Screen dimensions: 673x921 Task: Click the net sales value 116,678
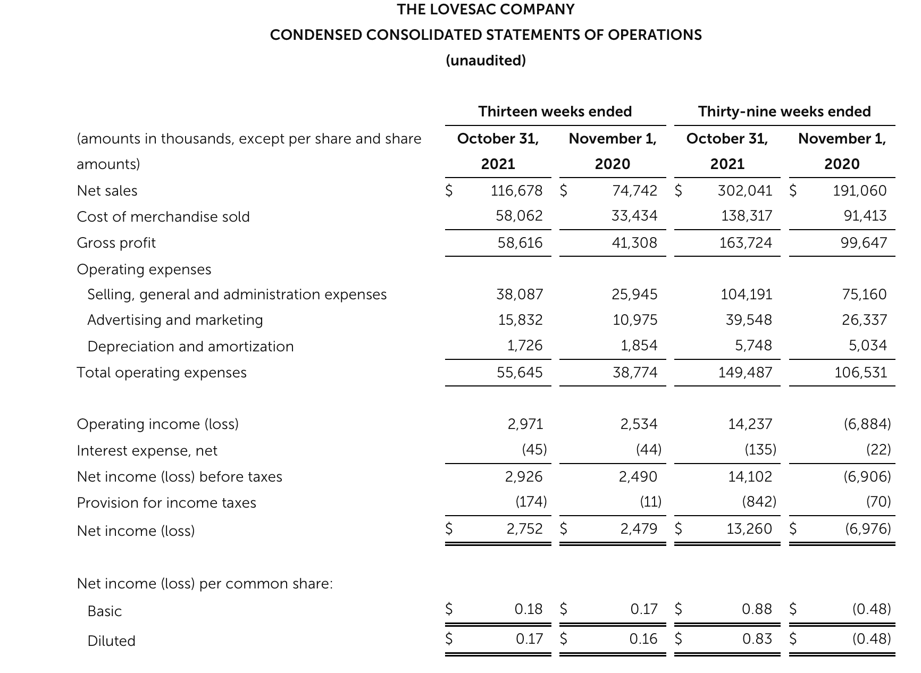tap(516, 190)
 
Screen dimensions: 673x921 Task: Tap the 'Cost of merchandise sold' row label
tap(163, 217)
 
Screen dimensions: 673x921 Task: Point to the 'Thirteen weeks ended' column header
tap(555, 112)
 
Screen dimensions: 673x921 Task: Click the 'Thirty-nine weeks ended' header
tap(784, 112)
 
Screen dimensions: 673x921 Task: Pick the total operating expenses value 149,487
tap(745, 372)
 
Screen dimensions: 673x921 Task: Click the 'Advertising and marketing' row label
tap(175, 320)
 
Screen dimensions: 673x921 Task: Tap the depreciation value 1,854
tap(639, 346)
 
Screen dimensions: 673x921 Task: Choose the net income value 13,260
tap(749, 529)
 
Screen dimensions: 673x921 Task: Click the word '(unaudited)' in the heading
tap(485, 61)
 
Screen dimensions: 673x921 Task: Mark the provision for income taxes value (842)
tap(759, 502)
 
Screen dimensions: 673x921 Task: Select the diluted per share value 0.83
tap(757, 638)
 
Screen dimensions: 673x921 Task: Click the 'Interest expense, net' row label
tap(147, 451)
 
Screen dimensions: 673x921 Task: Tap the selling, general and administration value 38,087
tap(520, 295)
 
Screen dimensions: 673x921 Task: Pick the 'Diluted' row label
tap(111, 641)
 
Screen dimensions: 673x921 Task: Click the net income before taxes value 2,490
tap(638, 477)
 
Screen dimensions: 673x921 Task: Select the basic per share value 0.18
tap(529, 609)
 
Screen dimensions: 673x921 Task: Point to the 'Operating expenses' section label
tap(144, 270)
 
